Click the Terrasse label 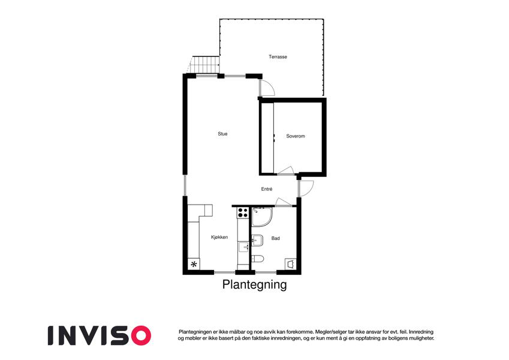(278, 56)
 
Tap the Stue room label (222, 134)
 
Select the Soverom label (296, 136)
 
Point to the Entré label (267, 189)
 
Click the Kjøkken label (219, 237)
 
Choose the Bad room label (275, 238)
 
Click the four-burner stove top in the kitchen (243, 213)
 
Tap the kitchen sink (243, 247)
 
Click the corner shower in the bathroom (262, 217)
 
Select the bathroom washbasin (257, 240)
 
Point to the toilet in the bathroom (258, 259)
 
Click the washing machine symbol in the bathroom (291, 263)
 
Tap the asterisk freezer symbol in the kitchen (194, 264)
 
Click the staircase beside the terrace (204, 65)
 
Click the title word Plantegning (254, 284)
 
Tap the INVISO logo (100, 335)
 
